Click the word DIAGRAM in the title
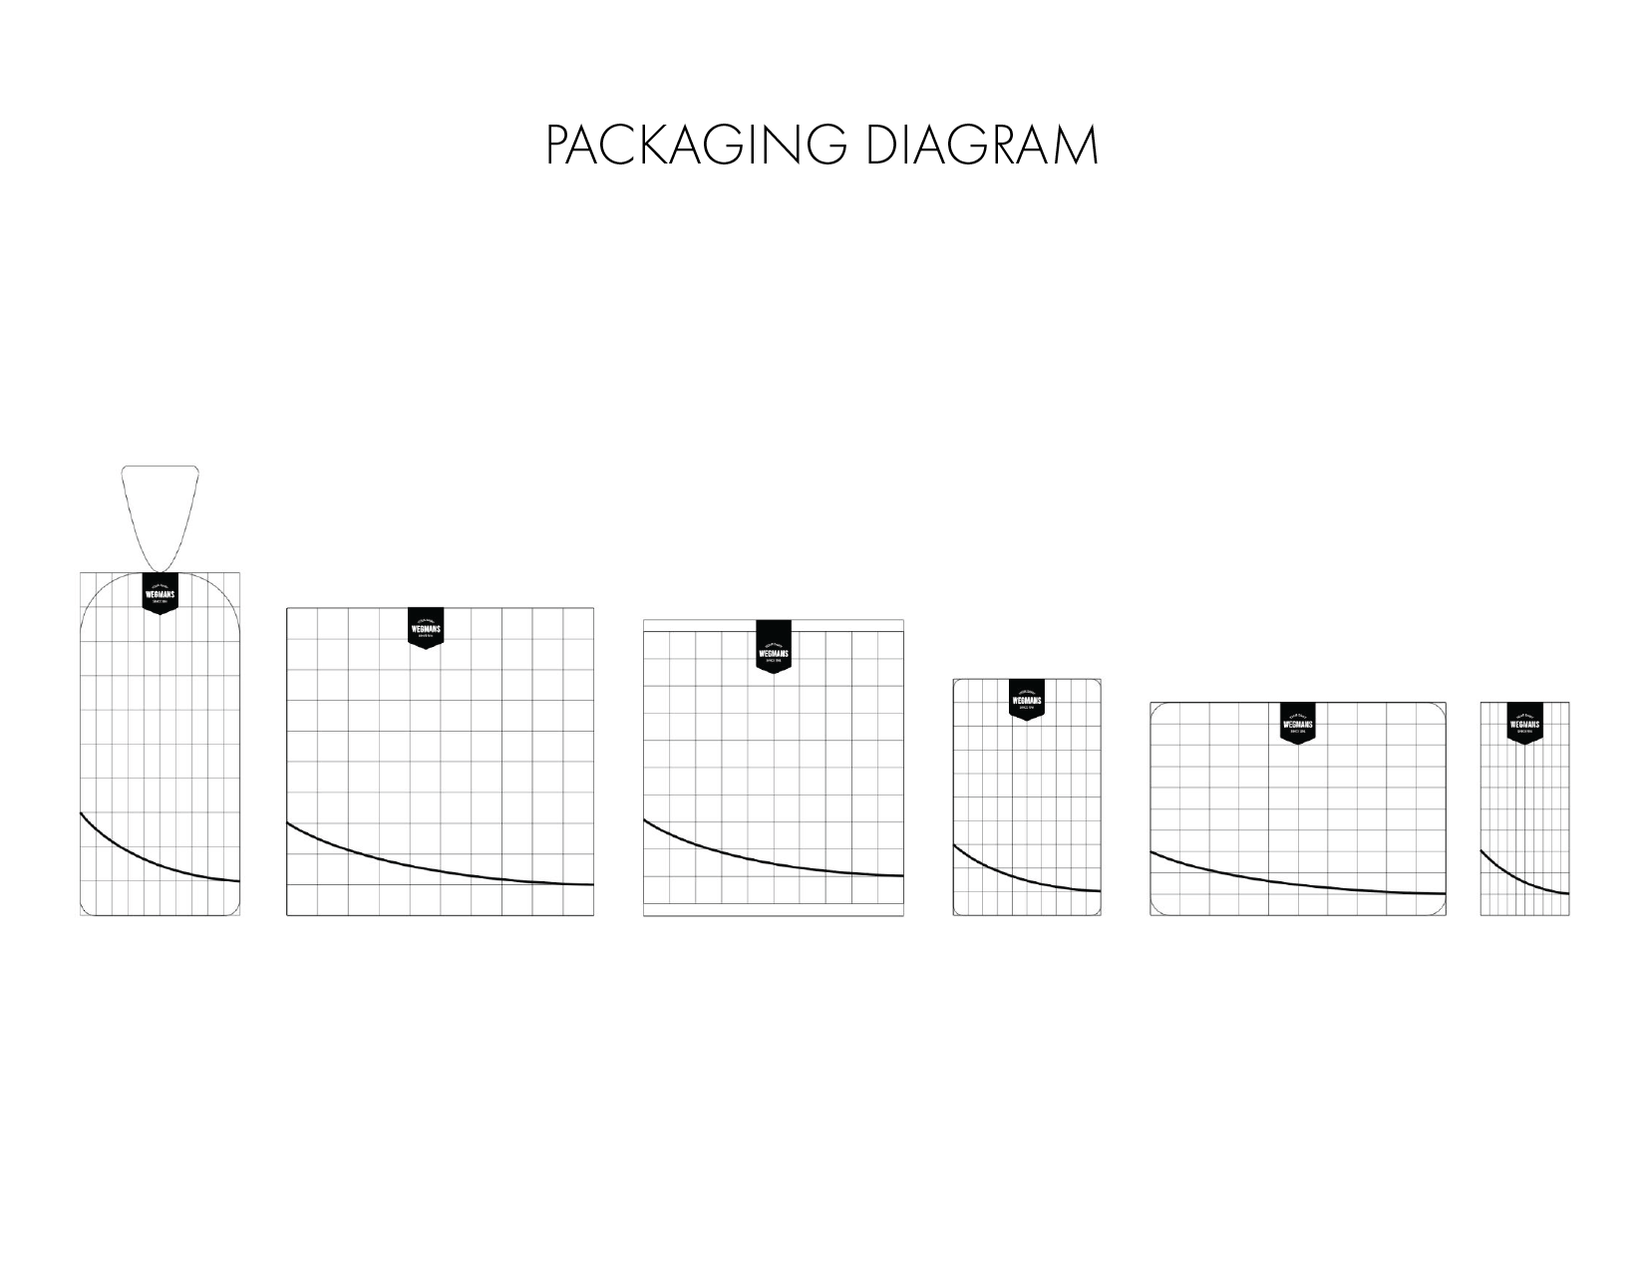(x=981, y=146)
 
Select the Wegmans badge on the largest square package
(x=426, y=629)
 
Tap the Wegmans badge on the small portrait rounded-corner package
(x=1026, y=700)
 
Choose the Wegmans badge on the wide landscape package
(x=1297, y=724)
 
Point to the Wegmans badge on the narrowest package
(x=1524, y=724)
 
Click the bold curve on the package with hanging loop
(x=150, y=858)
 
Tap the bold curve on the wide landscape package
(x=1296, y=884)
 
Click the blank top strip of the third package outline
(x=698, y=625)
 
